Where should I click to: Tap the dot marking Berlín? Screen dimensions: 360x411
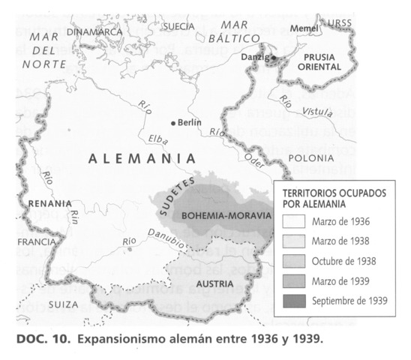click(x=173, y=122)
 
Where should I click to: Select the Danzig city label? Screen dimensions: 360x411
click(x=256, y=56)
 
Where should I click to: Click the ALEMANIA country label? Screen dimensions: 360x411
click(x=142, y=159)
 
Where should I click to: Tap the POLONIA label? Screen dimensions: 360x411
click(x=310, y=158)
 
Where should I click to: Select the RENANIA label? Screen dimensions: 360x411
click(x=49, y=203)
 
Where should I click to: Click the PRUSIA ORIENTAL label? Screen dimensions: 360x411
click(x=319, y=61)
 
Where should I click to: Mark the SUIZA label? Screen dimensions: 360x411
click(x=61, y=304)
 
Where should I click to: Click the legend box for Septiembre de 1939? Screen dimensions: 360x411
click(x=293, y=302)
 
